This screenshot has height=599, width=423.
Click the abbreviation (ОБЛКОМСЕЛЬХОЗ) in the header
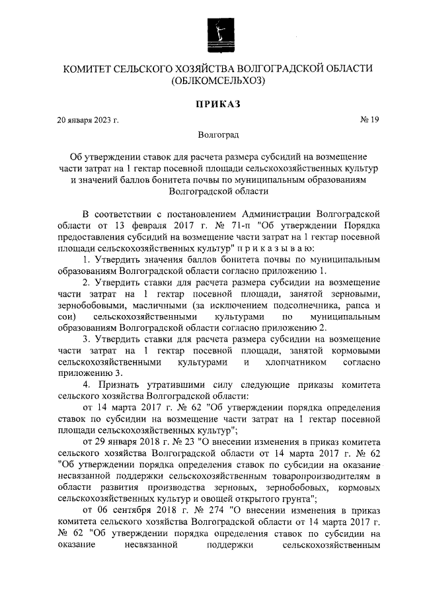pos(219,83)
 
